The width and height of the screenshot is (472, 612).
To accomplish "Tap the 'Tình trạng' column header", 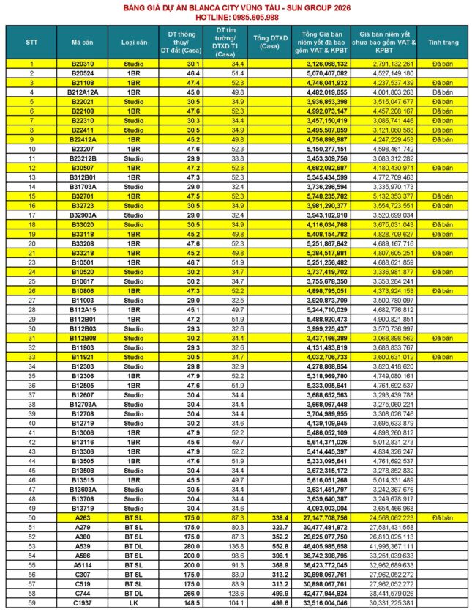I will pos(443,43).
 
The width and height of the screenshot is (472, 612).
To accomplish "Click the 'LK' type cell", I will pos(134,602).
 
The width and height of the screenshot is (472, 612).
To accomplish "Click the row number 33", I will pos(31,356).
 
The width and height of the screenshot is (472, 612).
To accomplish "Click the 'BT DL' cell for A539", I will pos(134,545).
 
